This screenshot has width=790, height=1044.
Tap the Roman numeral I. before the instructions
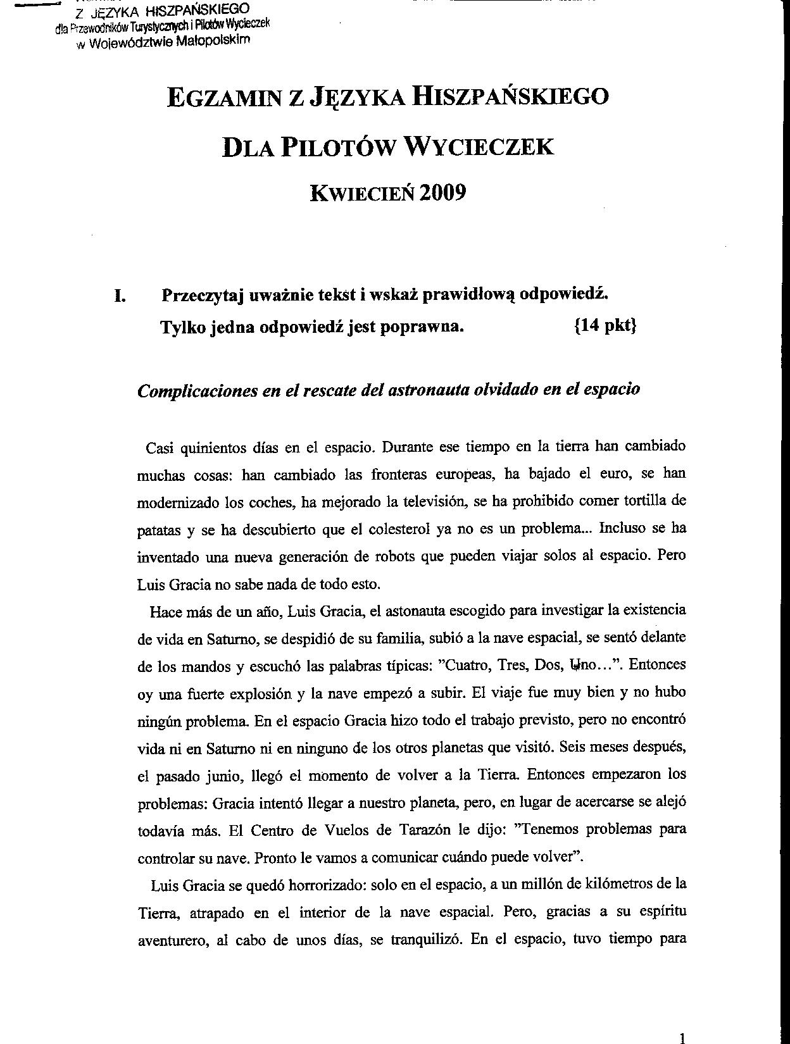[x=119, y=295]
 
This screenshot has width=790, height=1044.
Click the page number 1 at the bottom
[x=682, y=1038]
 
